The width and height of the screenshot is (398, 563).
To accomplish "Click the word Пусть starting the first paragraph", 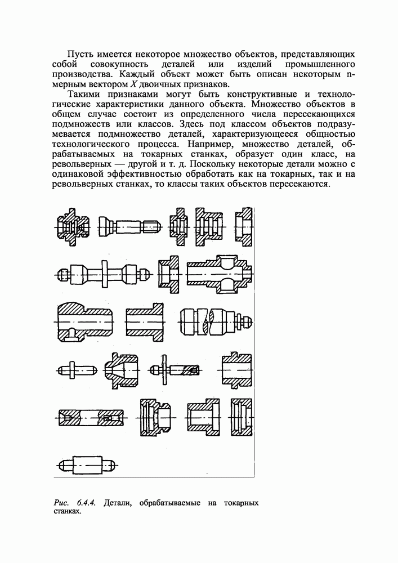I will click(x=79, y=54).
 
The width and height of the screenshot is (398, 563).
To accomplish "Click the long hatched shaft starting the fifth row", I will click(x=90, y=420).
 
